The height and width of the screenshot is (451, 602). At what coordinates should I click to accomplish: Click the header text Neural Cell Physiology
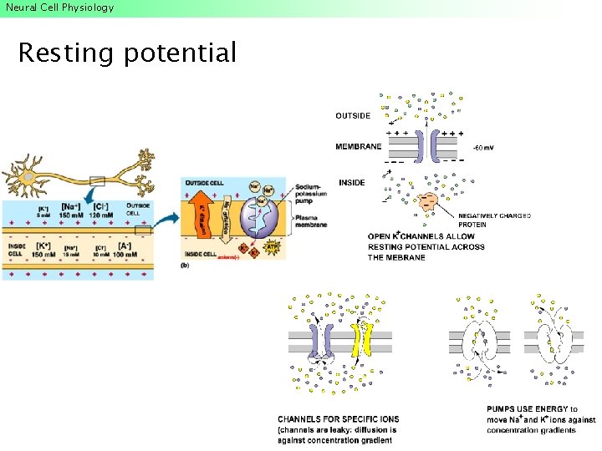click(x=59, y=8)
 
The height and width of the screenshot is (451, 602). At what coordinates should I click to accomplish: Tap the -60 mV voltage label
click(x=483, y=147)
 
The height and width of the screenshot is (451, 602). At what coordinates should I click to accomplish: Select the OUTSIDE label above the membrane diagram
click(x=353, y=116)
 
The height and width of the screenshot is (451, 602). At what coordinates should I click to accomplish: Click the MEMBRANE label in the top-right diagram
click(x=358, y=147)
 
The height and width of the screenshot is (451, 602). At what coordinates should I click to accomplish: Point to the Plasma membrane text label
click(x=310, y=220)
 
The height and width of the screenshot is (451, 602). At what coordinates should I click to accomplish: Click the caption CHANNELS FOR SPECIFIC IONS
click(x=339, y=419)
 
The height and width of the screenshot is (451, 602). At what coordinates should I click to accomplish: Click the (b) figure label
click(x=185, y=265)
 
